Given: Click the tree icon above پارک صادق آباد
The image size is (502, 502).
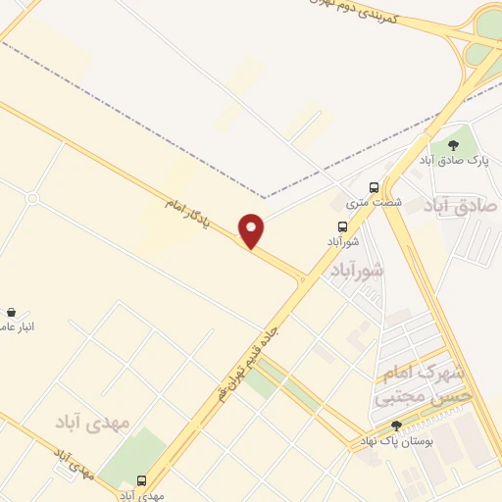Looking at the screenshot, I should [451, 145].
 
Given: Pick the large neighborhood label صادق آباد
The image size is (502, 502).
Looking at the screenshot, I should [461, 205].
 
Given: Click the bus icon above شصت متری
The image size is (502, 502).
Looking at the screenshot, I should [373, 187].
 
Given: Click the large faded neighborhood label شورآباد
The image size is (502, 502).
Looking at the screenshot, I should [358, 268].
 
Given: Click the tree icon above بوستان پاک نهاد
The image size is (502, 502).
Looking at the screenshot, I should [396, 426].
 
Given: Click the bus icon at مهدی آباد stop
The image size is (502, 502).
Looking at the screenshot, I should [142, 480].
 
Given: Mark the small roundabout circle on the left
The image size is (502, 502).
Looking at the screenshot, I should [32, 199].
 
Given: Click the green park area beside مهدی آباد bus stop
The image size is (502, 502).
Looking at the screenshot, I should [131, 457].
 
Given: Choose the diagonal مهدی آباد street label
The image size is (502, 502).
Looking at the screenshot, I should [74, 462].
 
